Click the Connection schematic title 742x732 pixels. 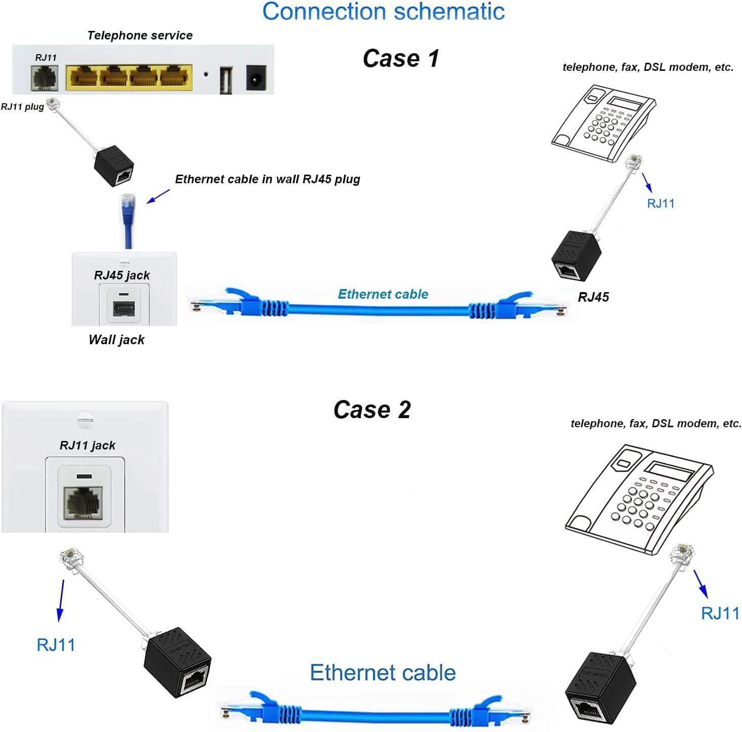click(x=383, y=12)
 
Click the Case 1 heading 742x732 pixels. click(x=400, y=58)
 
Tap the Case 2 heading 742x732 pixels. click(x=372, y=410)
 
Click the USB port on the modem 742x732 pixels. click(x=226, y=80)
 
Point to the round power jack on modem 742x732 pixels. click(x=257, y=78)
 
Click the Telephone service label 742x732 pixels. click(x=140, y=35)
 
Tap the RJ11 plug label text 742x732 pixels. click(x=22, y=107)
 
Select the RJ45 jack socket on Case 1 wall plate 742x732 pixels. click(x=124, y=308)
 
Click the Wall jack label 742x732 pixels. click(x=116, y=340)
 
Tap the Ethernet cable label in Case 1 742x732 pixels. click(x=383, y=294)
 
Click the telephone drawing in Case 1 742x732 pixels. click(x=602, y=121)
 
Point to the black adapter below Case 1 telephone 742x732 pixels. click(x=576, y=254)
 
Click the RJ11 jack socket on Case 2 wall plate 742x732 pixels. click(x=84, y=502)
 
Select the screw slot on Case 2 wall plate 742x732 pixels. click(x=85, y=420)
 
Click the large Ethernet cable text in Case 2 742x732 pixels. click(x=383, y=673)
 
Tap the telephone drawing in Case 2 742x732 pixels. click(x=639, y=496)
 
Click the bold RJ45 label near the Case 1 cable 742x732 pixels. click(x=593, y=297)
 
